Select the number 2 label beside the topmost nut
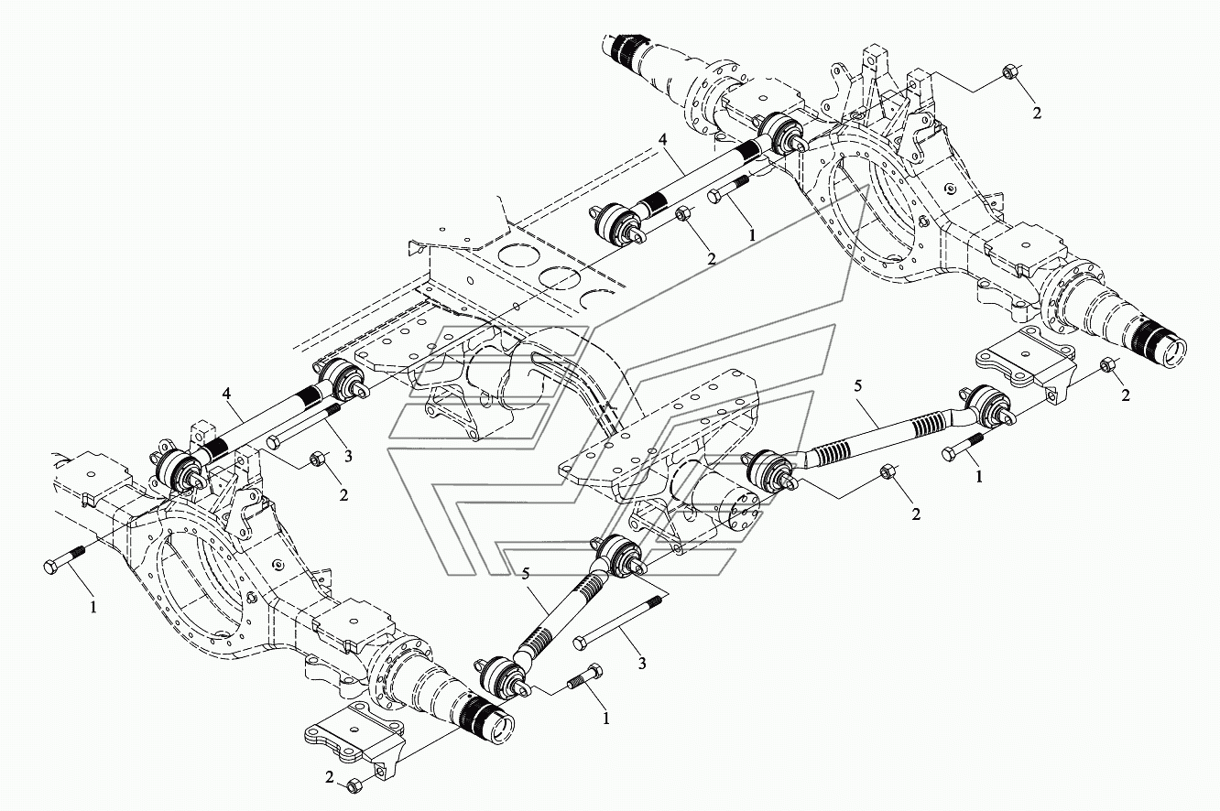[x=1037, y=114]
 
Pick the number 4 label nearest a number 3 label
[x=224, y=395]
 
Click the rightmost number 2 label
[x=1127, y=395]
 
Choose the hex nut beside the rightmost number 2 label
[x=1106, y=364]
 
